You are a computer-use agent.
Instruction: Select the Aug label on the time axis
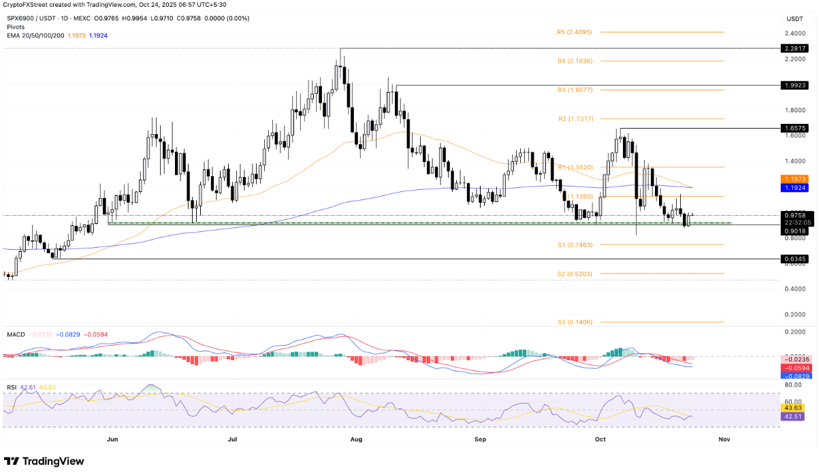[x=356, y=440]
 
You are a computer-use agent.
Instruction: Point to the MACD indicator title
[x=16, y=335]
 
